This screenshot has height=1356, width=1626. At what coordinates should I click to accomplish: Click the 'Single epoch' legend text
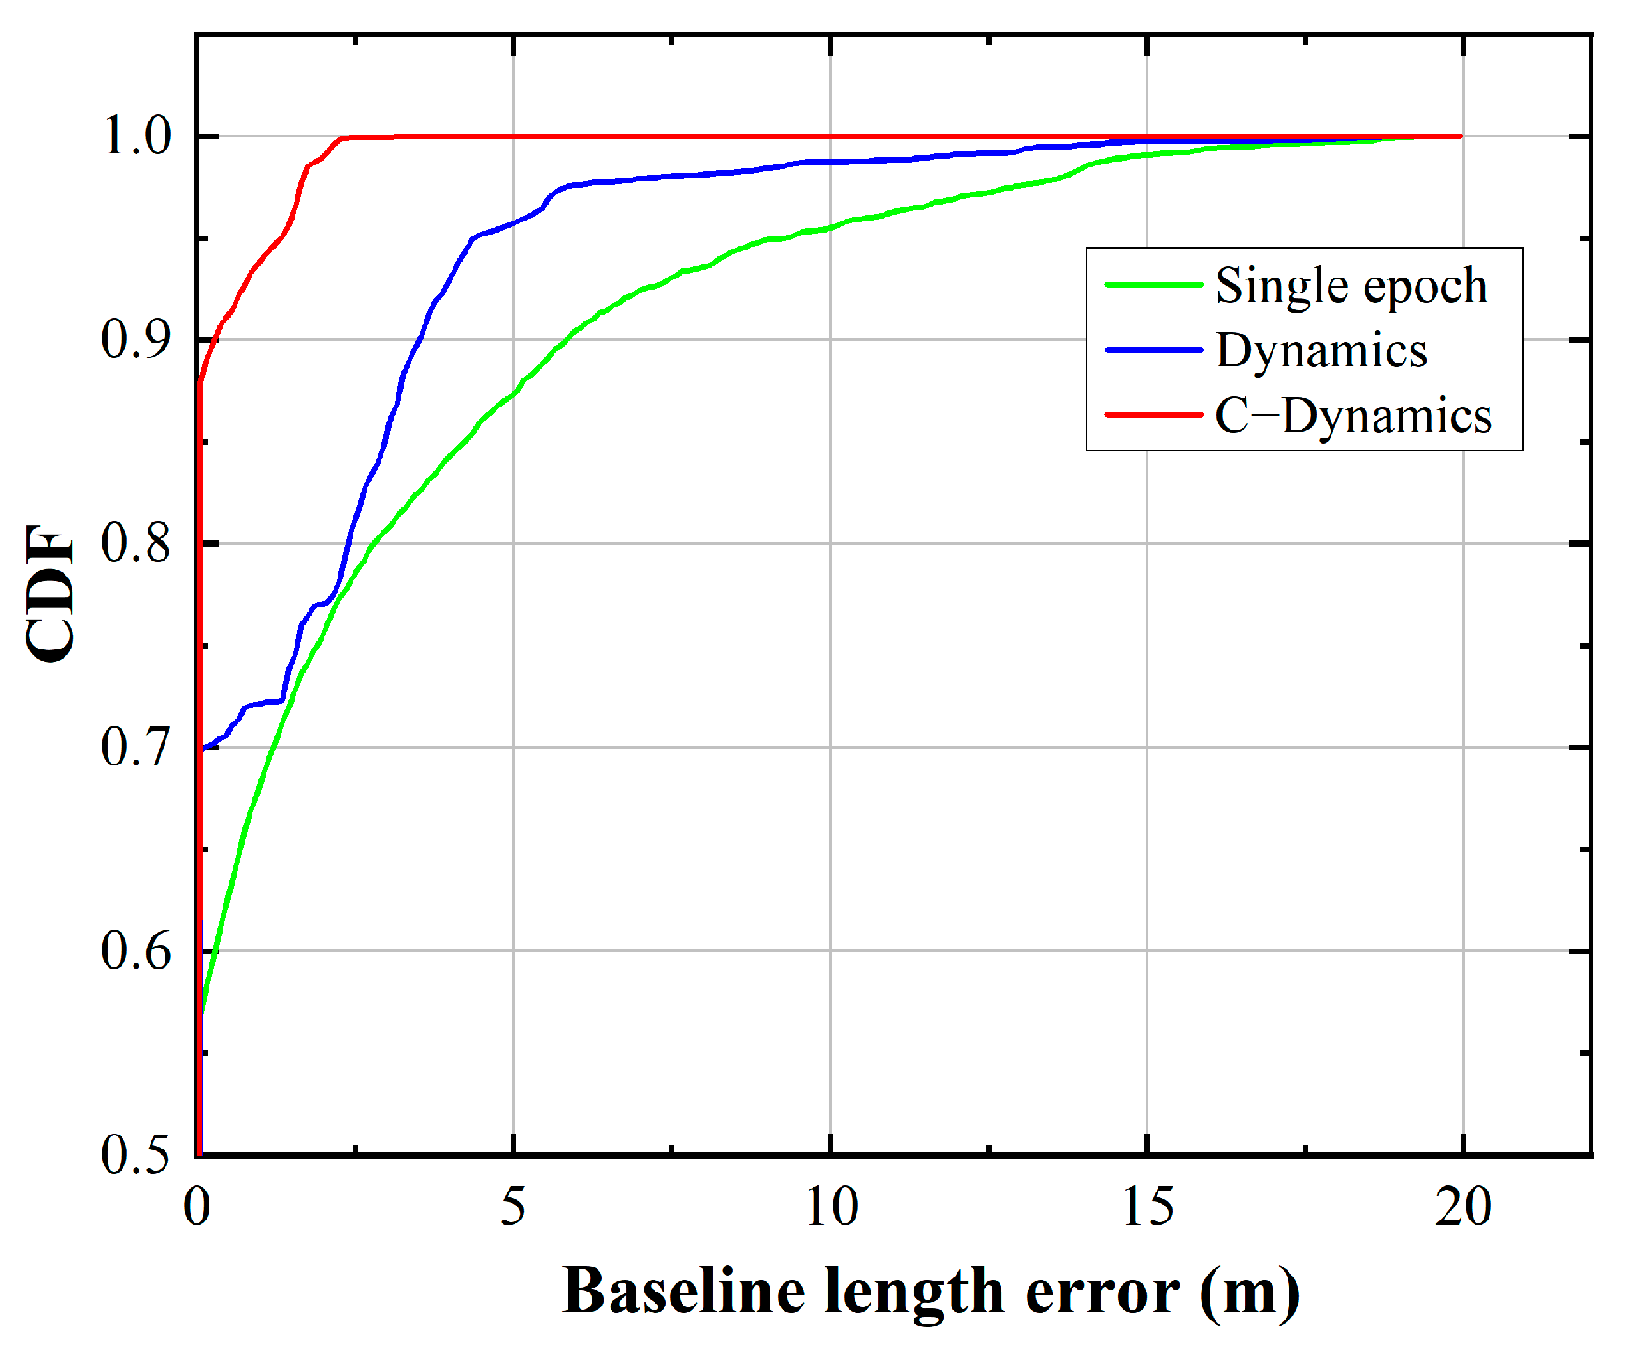point(1350,286)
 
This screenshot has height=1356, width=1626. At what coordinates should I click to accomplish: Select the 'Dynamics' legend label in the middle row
point(1321,351)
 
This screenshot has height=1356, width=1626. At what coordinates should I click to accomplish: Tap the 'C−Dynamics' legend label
point(1353,416)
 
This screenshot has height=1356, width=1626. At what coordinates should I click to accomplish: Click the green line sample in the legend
point(1153,285)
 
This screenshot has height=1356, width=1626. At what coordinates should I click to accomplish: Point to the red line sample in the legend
point(1153,415)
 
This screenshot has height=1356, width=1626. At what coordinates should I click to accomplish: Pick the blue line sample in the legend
point(1153,350)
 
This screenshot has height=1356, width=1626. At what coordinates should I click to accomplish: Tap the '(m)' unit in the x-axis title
point(1249,1292)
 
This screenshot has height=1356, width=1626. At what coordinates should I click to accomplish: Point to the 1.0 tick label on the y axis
point(137,137)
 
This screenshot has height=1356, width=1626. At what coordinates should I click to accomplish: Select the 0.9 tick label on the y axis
point(137,340)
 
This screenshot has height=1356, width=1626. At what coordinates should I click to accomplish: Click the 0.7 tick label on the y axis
point(137,748)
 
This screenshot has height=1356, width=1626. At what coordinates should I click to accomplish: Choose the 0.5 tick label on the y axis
point(137,1155)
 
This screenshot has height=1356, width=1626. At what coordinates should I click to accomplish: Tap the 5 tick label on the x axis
point(512,1207)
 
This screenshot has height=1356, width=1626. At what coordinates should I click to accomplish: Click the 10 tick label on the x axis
point(830,1207)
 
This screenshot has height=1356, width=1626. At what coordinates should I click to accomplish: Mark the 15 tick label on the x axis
point(1147,1207)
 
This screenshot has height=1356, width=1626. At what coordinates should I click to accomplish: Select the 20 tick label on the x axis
point(1463,1207)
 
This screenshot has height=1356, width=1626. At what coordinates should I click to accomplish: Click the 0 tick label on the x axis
point(197,1207)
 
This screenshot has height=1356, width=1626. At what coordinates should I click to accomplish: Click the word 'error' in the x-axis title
point(1101,1292)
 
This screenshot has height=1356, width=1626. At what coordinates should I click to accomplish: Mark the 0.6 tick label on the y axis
point(137,951)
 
